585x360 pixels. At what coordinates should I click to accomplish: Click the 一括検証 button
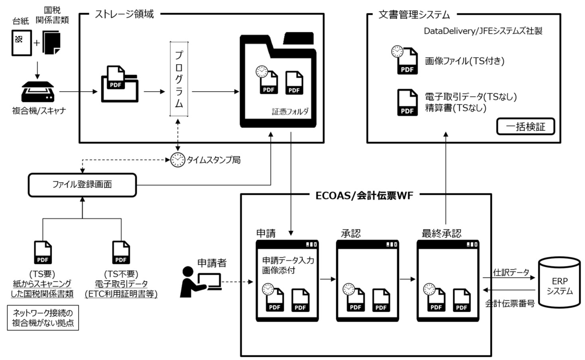525,127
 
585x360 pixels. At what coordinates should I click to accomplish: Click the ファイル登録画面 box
82,185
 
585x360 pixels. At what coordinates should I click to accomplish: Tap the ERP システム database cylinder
559,283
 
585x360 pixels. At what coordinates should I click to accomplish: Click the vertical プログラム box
179,79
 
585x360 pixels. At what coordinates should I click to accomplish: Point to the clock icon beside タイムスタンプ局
177,160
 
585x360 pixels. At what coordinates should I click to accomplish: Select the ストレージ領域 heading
124,14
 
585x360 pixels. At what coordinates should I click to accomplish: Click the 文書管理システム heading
414,15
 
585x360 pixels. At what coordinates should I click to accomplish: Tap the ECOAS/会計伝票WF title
364,195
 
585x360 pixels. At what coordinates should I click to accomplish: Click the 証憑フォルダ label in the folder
290,112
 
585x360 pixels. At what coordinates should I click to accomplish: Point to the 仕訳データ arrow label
511,272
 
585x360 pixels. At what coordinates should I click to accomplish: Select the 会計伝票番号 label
510,303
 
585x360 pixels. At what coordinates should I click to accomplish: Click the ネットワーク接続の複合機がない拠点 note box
43,318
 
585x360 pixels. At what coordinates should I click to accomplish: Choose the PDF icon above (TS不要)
121,252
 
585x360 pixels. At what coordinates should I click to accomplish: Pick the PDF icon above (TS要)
43,252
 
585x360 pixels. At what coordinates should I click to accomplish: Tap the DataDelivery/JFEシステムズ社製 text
483,31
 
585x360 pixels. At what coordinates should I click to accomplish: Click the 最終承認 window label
441,233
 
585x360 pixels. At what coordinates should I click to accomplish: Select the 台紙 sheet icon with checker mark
21,42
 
